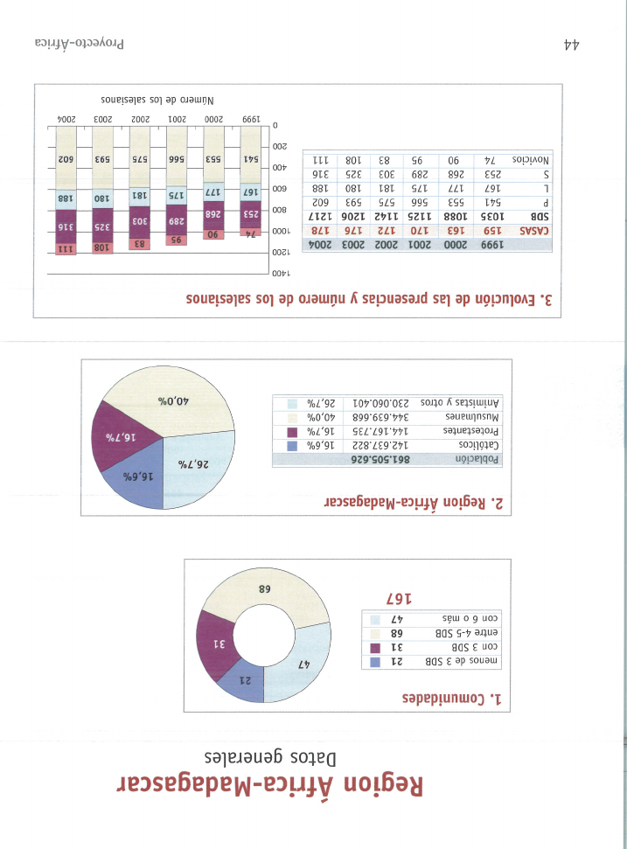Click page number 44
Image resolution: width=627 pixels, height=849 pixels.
click(x=572, y=45)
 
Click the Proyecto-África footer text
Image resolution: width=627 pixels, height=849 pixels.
click(x=80, y=44)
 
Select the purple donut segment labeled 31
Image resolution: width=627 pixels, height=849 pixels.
click(x=217, y=644)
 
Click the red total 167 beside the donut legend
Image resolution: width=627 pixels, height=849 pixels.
click(x=399, y=599)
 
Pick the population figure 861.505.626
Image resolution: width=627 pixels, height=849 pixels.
click(x=380, y=460)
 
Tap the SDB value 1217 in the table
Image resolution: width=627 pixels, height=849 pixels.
click(x=321, y=217)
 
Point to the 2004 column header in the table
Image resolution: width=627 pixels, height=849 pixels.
click(x=321, y=245)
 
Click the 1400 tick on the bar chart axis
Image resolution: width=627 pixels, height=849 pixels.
click(x=281, y=274)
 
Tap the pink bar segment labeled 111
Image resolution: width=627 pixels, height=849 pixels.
click(x=66, y=249)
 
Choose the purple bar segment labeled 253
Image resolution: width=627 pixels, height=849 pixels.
click(x=250, y=214)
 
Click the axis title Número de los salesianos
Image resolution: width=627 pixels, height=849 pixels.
click(x=157, y=101)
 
